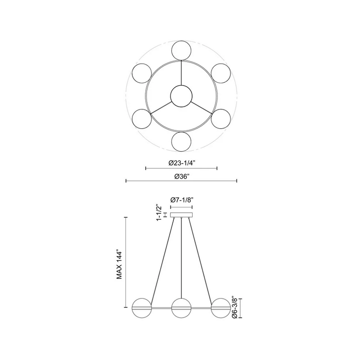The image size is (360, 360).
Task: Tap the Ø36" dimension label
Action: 181,176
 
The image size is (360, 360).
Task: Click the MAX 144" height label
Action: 120,265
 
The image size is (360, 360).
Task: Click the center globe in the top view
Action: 181,96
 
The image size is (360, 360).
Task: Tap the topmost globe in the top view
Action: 181,50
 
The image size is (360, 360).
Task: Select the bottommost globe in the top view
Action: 181,142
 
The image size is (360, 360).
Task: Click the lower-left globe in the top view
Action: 142,119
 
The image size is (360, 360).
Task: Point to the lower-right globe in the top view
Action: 221,119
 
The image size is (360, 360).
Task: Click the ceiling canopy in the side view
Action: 181,215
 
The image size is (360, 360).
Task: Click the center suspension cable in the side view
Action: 181,256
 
